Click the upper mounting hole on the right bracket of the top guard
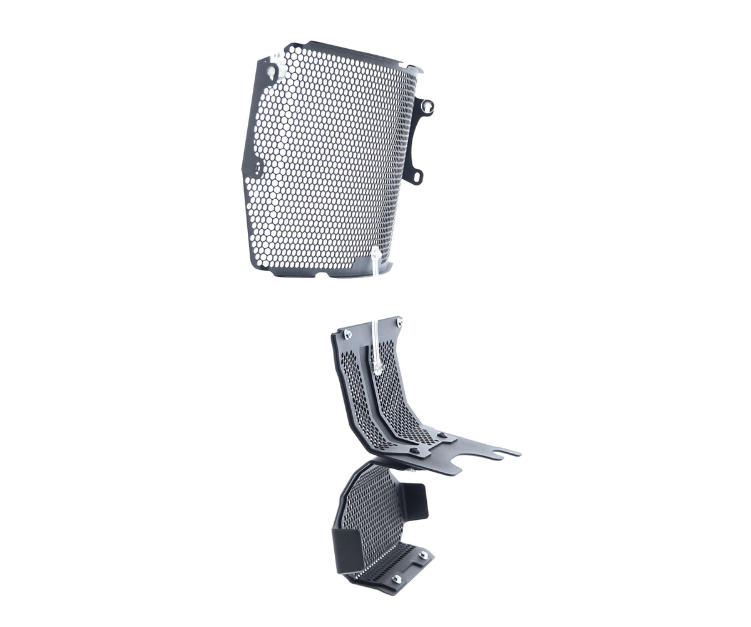(x=427, y=107)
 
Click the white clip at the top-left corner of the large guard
(x=273, y=71)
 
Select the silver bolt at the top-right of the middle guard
(x=399, y=323)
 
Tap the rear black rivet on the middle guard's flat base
(x=441, y=435)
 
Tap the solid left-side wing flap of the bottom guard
(x=347, y=550)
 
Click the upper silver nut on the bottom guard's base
(x=423, y=555)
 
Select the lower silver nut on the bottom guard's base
(x=396, y=579)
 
